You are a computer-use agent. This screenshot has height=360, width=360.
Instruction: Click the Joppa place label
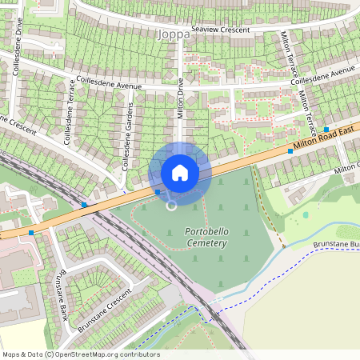coord(174,34)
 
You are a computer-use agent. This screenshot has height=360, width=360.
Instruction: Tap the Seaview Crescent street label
coord(215,30)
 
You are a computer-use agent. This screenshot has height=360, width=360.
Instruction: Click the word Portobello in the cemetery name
coord(205,230)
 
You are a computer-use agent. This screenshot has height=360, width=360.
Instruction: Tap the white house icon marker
coord(180,172)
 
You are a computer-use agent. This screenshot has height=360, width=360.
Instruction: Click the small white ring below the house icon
coord(171,206)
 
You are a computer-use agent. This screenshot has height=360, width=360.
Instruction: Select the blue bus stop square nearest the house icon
coord(158,192)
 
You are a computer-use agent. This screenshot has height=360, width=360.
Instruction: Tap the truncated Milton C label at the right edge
coord(347,166)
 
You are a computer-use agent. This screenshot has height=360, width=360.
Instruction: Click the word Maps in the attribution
coord(11,354)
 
